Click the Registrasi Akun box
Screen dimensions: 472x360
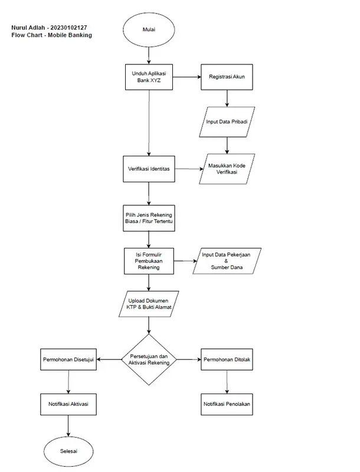227,77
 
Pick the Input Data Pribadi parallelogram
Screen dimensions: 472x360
227,122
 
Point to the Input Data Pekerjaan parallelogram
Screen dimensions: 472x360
227,261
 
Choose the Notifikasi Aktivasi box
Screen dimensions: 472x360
68,405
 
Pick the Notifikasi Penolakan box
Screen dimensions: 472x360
227,405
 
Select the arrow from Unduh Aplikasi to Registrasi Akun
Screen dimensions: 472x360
187,77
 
